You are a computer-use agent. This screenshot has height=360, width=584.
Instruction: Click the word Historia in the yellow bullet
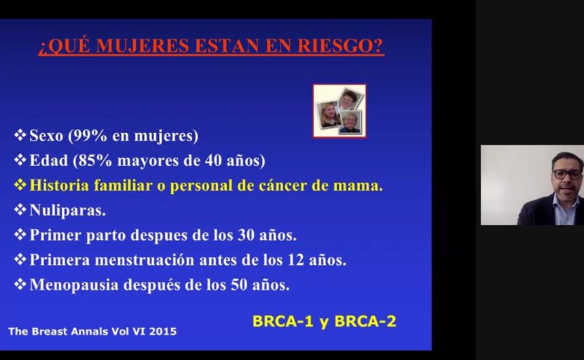59,185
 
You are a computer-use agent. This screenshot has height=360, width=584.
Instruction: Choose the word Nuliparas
67,210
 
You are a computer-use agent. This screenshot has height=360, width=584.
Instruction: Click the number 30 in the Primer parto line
246,235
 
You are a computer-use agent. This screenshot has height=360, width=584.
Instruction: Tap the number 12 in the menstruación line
295,259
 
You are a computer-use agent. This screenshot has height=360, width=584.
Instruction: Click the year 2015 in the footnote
163,331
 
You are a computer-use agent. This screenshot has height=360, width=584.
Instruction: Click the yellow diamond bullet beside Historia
20,185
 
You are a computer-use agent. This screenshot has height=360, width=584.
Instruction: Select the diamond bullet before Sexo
20,134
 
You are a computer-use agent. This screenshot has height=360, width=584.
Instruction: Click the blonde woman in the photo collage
329,114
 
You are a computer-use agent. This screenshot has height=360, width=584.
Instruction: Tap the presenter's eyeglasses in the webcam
567,174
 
